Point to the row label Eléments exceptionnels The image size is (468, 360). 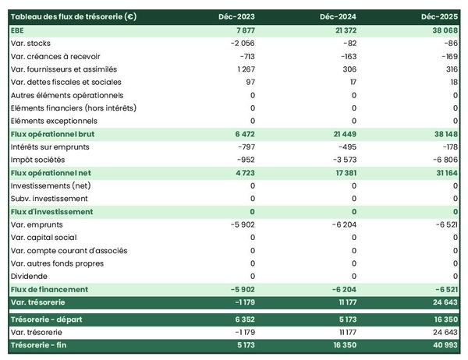[x=55, y=121]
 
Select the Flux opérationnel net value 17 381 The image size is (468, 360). [x=343, y=173]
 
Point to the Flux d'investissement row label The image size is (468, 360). [x=51, y=212]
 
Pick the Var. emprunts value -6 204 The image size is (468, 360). [x=343, y=224]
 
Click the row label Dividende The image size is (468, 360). [x=30, y=276]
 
